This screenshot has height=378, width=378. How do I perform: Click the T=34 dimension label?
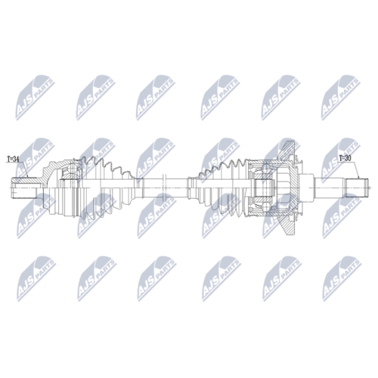(13, 159)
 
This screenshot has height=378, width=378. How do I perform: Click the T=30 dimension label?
(345, 158)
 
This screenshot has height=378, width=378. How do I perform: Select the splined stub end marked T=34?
(25, 188)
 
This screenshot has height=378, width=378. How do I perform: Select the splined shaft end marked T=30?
(356, 187)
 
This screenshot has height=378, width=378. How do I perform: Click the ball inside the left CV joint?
(73, 169)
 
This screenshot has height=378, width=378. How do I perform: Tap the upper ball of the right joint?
(265, 168)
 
